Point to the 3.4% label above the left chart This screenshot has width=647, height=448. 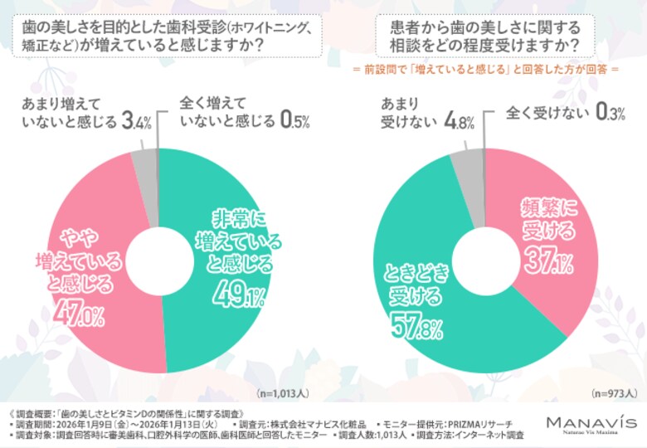[136, 122]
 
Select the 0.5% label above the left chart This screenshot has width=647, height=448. [294, 122]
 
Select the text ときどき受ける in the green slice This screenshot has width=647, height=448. [417, 282]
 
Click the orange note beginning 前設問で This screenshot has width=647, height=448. [485, 71]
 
